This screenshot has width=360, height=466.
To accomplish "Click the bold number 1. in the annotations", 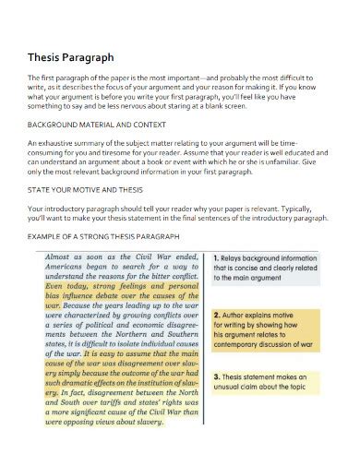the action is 217,258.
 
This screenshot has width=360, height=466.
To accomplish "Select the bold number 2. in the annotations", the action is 217,315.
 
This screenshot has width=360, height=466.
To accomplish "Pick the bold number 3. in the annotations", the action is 217,377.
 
